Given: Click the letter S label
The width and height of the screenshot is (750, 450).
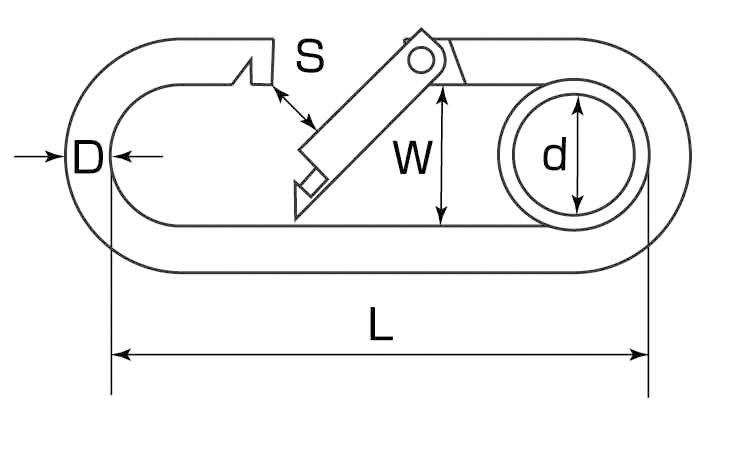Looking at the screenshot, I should coord(310,57).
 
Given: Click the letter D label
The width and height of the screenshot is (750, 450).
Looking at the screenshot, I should coord(88,157).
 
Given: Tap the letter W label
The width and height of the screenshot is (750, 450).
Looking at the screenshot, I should coord(412,158).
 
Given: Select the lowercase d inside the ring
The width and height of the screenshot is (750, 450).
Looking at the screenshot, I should coord(554,156).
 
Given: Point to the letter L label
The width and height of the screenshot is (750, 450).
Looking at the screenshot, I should coord(380,325).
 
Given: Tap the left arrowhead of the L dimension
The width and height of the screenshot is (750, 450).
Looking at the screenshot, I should coord(118,353).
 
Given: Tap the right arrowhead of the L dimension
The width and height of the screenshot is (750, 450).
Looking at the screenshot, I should coord(641,353).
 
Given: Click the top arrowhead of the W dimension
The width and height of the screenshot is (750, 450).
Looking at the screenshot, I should coord(441,93).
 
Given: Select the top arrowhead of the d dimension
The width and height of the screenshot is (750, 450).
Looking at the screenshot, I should coord(576,103).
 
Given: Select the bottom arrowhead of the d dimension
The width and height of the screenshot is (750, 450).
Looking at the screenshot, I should coord(576,207).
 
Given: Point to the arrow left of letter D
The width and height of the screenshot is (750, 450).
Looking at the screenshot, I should coord(45,156).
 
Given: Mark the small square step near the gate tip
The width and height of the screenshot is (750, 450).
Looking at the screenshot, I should coord(313,184).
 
